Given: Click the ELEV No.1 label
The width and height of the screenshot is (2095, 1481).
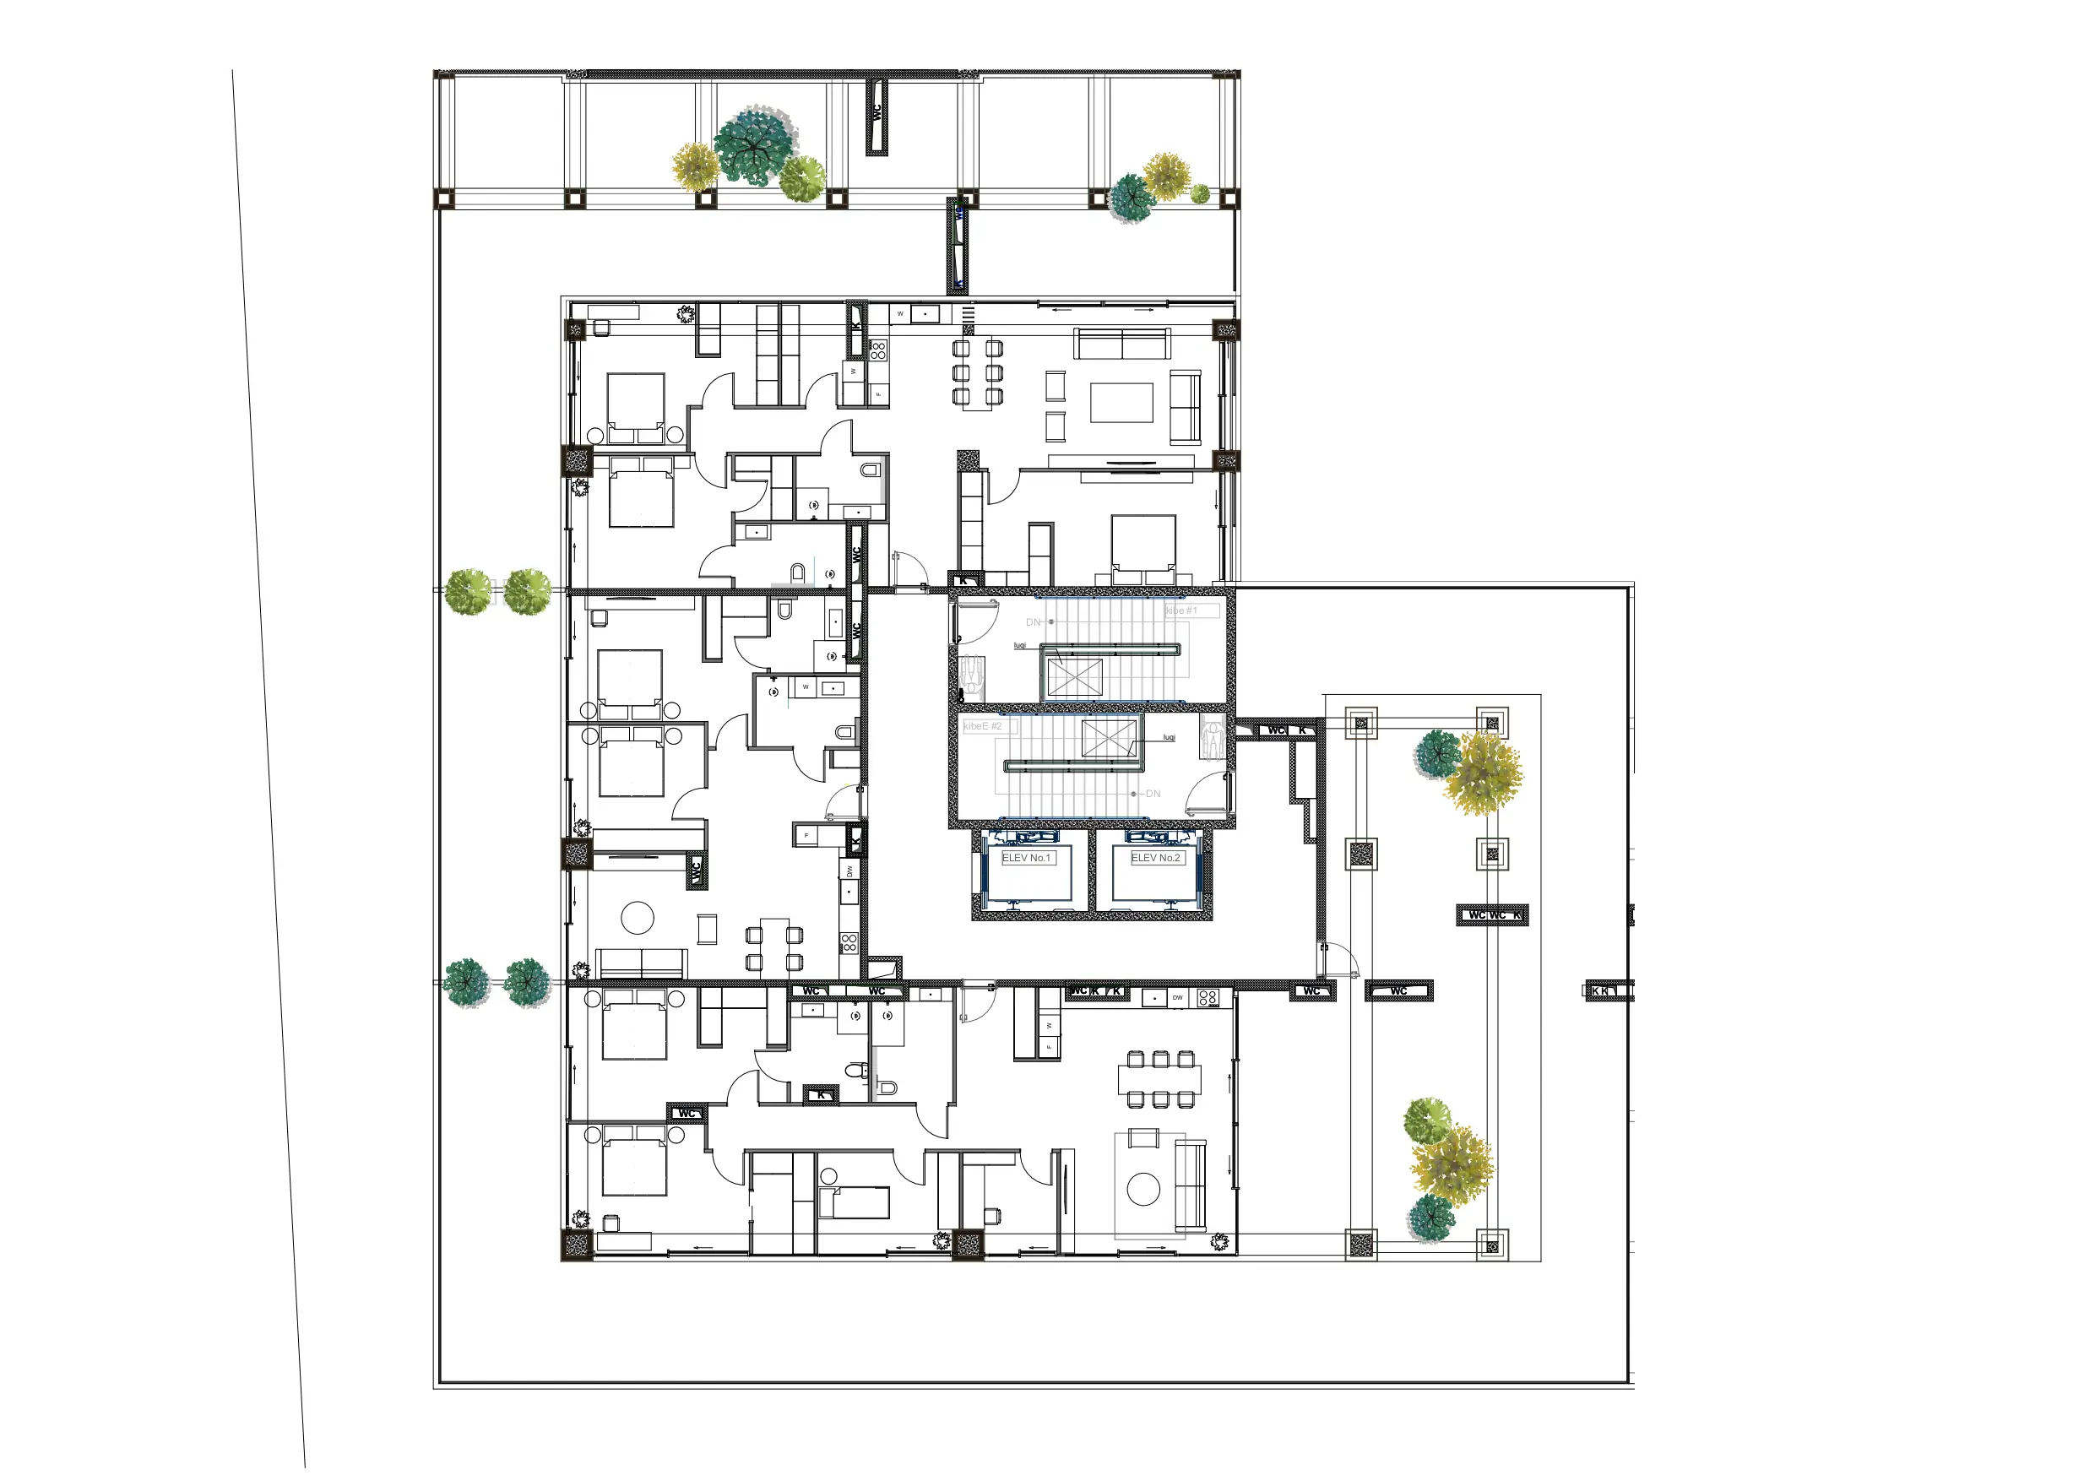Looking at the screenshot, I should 1027,858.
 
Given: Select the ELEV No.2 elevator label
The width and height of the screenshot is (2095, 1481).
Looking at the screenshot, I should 1156,858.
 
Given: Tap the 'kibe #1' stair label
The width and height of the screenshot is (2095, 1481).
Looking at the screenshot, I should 1181,610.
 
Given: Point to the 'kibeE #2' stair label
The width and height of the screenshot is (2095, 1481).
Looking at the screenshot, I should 983,726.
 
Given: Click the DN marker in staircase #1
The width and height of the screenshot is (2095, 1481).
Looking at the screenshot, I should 1033,622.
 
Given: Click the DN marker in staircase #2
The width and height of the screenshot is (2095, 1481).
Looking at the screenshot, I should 1153,794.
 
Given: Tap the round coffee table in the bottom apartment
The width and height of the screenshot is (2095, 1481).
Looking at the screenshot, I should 1143,1189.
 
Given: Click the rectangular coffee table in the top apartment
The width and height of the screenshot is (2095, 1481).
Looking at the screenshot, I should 1121,403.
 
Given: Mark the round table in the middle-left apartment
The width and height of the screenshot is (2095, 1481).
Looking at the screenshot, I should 638,917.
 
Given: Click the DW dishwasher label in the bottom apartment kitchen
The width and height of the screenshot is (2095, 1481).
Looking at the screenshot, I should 1178,998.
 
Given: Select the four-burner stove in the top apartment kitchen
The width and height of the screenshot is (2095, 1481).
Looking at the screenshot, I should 878,350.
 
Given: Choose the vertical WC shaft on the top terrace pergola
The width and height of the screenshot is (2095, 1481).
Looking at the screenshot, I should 877,116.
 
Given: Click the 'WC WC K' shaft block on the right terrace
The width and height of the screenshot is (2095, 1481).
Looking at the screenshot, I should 1492,915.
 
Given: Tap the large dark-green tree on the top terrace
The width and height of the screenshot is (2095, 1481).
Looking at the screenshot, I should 754,146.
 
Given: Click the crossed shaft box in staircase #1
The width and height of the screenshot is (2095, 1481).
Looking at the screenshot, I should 1075,678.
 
